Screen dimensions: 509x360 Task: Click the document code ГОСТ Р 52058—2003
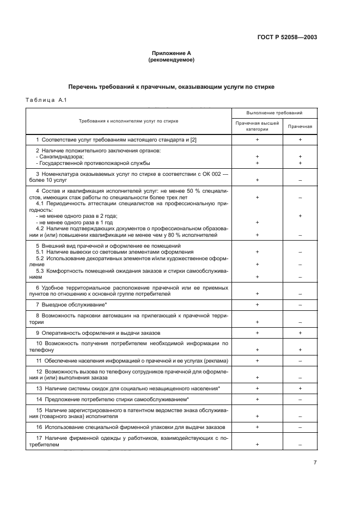[x=286, y=38]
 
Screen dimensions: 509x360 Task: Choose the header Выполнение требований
[x=274, y=113]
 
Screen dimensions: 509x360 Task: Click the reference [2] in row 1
[x=193, y=140]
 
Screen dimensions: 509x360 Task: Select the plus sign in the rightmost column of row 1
[x=300, y=140]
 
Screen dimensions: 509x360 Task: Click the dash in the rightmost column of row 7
[x=300, y=305]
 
